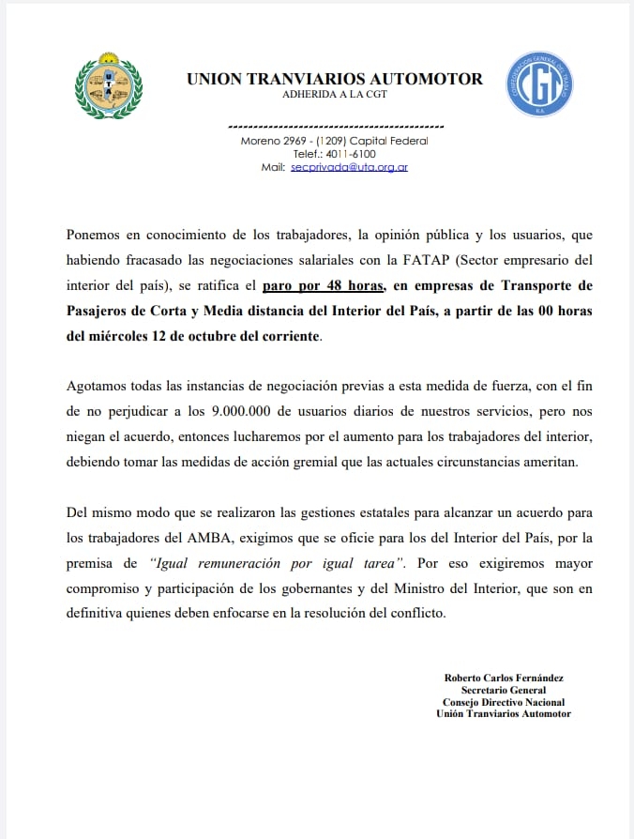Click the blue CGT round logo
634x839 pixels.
pyautogui.click(x=539, y=84)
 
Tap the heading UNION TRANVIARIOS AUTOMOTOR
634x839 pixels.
pyautogui.click(x=335, y=79)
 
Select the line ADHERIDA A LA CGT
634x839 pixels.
pyautogui.click(x=335, y=95)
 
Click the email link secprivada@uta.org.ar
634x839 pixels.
pyautogui.click(x=349, y=167)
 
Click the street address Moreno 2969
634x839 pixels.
pyautogui.click(x=267, y=141)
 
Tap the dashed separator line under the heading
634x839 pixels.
pyautogui.click(x=335, y=125)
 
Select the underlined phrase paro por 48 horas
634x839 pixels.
pyautogui.click(x=324, y=285)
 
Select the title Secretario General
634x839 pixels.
pyautogui.click(x=504, y=690)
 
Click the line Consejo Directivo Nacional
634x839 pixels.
pyautogui.click(x=504, y=702)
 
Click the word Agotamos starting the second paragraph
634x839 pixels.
pyautogui.click(x=97, y=387)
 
